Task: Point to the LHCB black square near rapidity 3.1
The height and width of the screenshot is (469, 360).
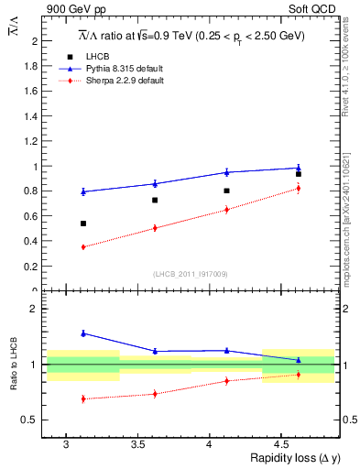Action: click(x=83, y=224)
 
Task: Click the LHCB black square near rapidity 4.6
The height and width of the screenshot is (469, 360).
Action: click(x=299, y=174)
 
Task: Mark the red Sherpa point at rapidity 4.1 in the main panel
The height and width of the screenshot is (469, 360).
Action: click(x=226, y=210)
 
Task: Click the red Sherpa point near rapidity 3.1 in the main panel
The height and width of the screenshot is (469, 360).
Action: click(x=83, y=246)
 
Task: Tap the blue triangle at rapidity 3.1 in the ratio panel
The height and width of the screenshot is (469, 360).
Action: click(x=83, y=333)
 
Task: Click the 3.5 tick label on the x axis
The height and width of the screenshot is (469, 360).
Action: click(x=137, y=443)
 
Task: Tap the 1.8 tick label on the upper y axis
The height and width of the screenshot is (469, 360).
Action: click(x=31, y=67)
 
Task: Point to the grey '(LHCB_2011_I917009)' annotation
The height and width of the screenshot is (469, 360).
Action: click(x=190, y=274)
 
